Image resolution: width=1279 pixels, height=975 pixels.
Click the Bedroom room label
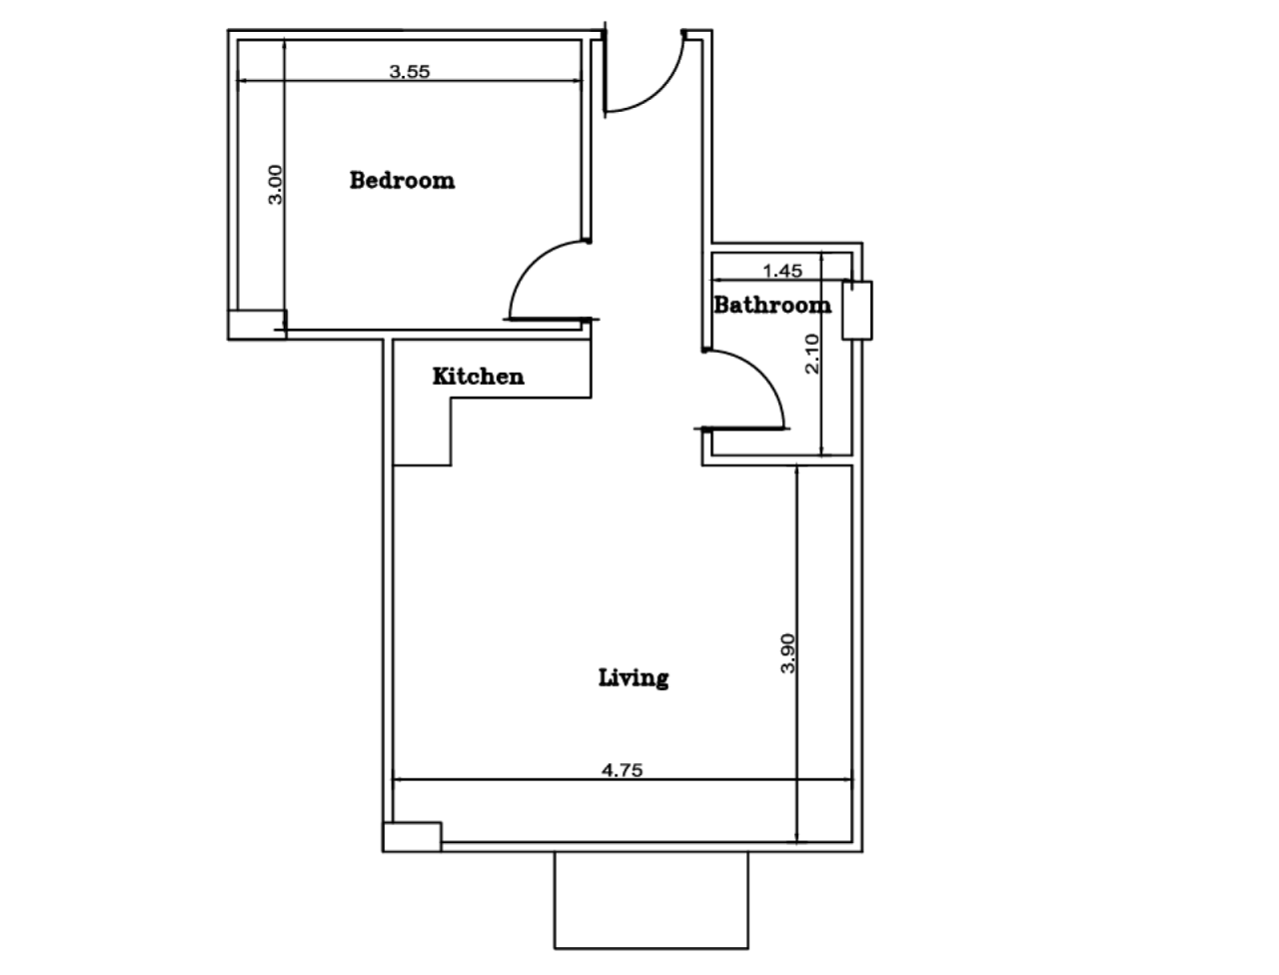point(402,181)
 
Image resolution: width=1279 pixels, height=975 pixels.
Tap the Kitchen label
point(478,377)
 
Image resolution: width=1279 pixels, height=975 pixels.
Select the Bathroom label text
point(771,305)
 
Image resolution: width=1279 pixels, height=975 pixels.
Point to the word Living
point(634,677)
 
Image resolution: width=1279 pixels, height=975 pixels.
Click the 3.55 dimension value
point(409,71)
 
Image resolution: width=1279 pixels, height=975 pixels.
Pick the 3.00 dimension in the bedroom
point(277,185)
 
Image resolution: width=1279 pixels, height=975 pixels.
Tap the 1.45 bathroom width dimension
point(782,270)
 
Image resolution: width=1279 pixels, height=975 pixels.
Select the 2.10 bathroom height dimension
point(811,353)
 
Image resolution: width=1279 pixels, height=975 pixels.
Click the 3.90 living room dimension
point(787,652)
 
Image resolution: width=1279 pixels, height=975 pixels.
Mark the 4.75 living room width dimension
point(622,769)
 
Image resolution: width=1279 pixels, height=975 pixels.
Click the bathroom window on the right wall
point(856,311)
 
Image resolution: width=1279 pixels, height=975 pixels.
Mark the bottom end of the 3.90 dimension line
point(796,841)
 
